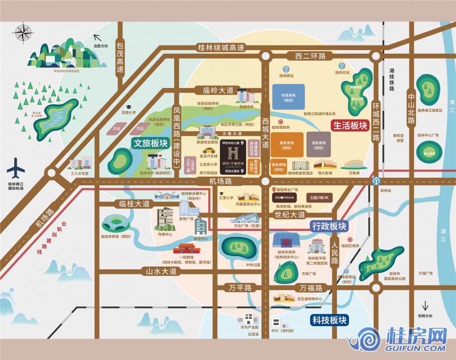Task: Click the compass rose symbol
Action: [x=22, y=31]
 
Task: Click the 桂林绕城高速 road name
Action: [x=221, y=48]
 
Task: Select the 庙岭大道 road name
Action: [x=218, y=91]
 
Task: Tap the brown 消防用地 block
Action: [x=318, y=144]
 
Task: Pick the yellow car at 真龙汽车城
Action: [x=208, y=150]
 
